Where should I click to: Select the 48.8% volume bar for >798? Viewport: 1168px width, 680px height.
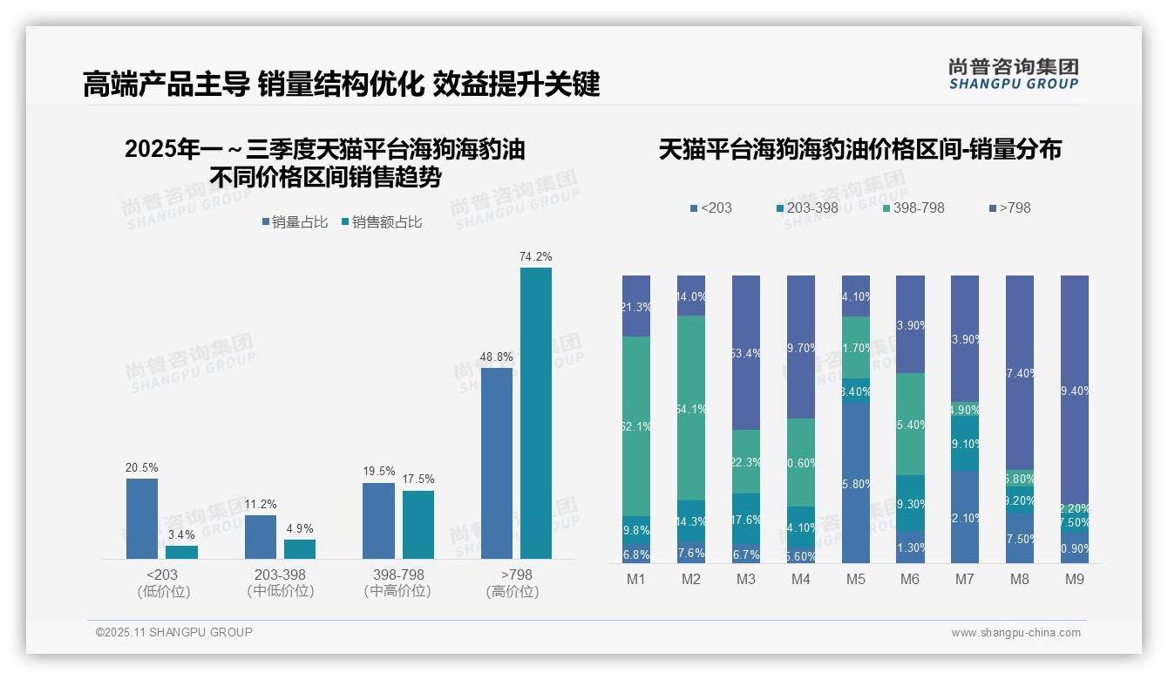497,463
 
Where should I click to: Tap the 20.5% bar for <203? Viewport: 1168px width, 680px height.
142,518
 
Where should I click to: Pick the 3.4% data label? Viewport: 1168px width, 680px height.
181,534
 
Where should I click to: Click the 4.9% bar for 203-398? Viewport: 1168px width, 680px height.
300,548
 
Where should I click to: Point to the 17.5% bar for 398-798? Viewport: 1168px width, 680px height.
418,524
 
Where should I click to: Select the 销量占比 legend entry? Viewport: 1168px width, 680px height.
295,222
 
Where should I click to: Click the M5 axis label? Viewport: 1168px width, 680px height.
856,580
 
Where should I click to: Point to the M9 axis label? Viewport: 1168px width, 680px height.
1075,580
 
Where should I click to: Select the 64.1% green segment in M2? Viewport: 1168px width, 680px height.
691,407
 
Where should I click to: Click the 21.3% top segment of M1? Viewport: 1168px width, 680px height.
636,306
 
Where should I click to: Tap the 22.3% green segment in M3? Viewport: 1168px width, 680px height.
746,461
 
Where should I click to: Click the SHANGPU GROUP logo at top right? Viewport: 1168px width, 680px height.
1014,73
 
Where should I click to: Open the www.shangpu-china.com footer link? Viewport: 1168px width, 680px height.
1015,632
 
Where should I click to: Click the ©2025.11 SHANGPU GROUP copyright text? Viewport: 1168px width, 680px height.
174,632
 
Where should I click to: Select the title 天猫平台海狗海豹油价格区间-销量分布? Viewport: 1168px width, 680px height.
859,150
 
